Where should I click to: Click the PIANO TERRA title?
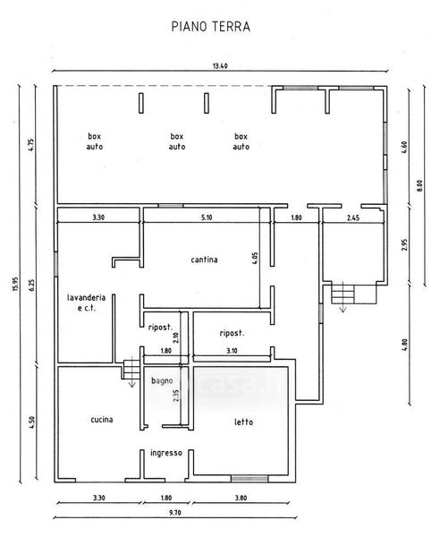pyautogui.click(x=211, y=27)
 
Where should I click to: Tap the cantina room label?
pyautogui.click(x=204, y=260)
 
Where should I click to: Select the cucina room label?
pyautogui.click(x=102, y=420)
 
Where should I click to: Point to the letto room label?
pyautogui.click(x=243, y=422)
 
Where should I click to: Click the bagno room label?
pyautogui.click(x=162, y=381)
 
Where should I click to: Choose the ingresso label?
pyautogui.click(x=166, y=453)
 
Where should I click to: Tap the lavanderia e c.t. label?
pyautogui.click(x=86, y=303)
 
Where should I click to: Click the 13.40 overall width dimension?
pyautogui.click(x=220, y=65)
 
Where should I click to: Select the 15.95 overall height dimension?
pyautogui.click(x=14, y=284)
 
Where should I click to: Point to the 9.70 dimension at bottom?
pyautogui.click(x=174, y=513)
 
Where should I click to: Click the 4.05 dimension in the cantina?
pyautogui.click(x=255, y=259)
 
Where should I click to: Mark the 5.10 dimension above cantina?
pyautogui.click(x=207, y=217)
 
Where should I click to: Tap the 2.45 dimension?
pyautogui.click(x=353, y=217)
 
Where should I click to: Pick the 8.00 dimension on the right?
pyautogui.click(x=420, y=185)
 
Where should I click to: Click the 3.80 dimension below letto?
pyautogui.click(x=241, y=498)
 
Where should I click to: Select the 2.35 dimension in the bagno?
pyautogui.click(x=176, y=396)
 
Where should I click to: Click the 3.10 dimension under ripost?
pyautogui.click(x=232, y=351)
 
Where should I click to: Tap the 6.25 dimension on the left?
pyautogui.click(x=32, y=285)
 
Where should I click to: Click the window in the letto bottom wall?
pyautogui.click(x=250, y=479)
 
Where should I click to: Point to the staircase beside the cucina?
pyautogui.click(x=131, y=368)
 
